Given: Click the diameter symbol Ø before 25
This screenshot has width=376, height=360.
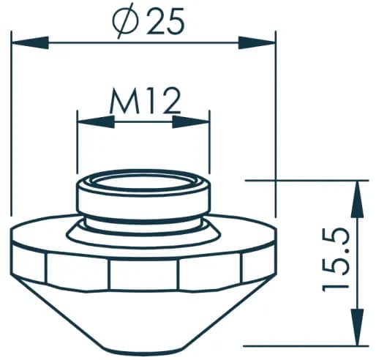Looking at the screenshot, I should (x=125, y=23).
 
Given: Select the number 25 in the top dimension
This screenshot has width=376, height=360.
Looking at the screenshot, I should (x=165, y=23).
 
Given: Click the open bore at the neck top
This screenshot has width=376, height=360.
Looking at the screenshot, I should (x=143, y=181).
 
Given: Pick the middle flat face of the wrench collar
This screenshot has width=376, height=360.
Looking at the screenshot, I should (x=143, y=274).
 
